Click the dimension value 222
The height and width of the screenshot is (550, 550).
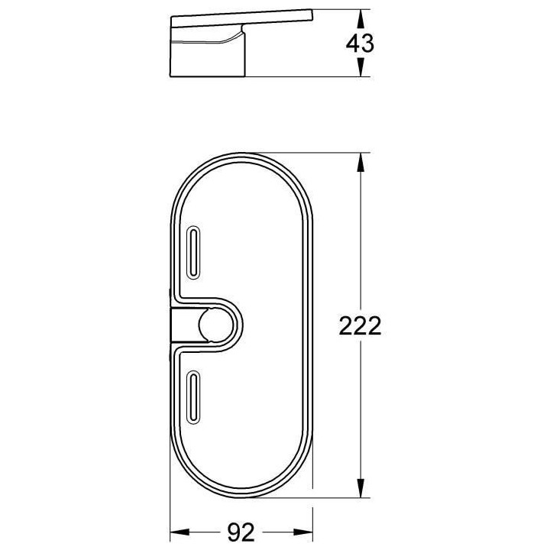pyautogui.click(x=359, y=326)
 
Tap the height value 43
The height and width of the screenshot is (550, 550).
pyautogui.click(x=361, y=44)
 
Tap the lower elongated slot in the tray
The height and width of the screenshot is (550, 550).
pyautogui.click(x=194, y=393)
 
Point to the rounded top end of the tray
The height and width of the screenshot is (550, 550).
pyautogui.click(x=241, y=164)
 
